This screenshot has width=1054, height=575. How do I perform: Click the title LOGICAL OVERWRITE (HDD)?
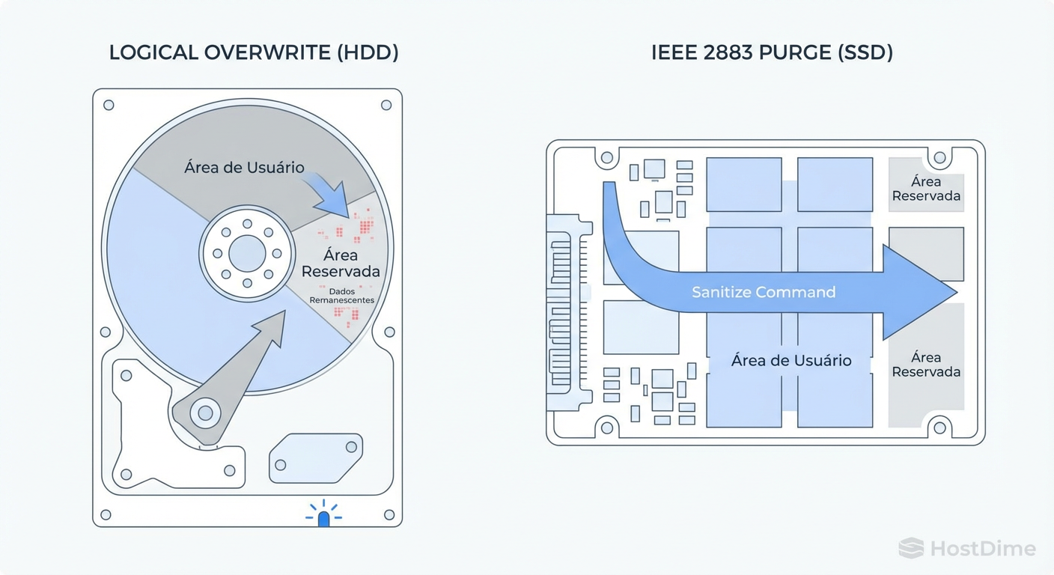click(254, 52)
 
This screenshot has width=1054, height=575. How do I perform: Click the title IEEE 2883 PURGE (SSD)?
click(772, 52)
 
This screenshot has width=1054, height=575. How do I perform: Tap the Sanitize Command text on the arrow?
click(764, 292)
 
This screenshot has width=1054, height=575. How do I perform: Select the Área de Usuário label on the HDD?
click(244, 167)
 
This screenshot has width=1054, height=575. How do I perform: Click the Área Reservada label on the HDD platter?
click(341, 263)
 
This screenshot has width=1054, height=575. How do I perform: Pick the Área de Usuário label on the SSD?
click(791, 360)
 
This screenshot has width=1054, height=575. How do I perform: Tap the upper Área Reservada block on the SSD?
click(926, 189)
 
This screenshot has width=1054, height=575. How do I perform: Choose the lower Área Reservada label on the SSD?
click(926, 365)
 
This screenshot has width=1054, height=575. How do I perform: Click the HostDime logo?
click(967, 548)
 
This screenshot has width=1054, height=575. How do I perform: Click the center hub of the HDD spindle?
click(246, 253)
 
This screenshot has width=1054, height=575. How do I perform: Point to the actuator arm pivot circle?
click(204, 412)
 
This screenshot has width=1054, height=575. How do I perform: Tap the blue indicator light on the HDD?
click(323, 519)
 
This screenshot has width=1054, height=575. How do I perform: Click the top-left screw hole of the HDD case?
click(109, 106)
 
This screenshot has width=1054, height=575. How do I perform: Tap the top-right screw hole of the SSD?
click(939, 158)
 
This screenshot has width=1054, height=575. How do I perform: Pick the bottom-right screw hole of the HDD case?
click(389, 514)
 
